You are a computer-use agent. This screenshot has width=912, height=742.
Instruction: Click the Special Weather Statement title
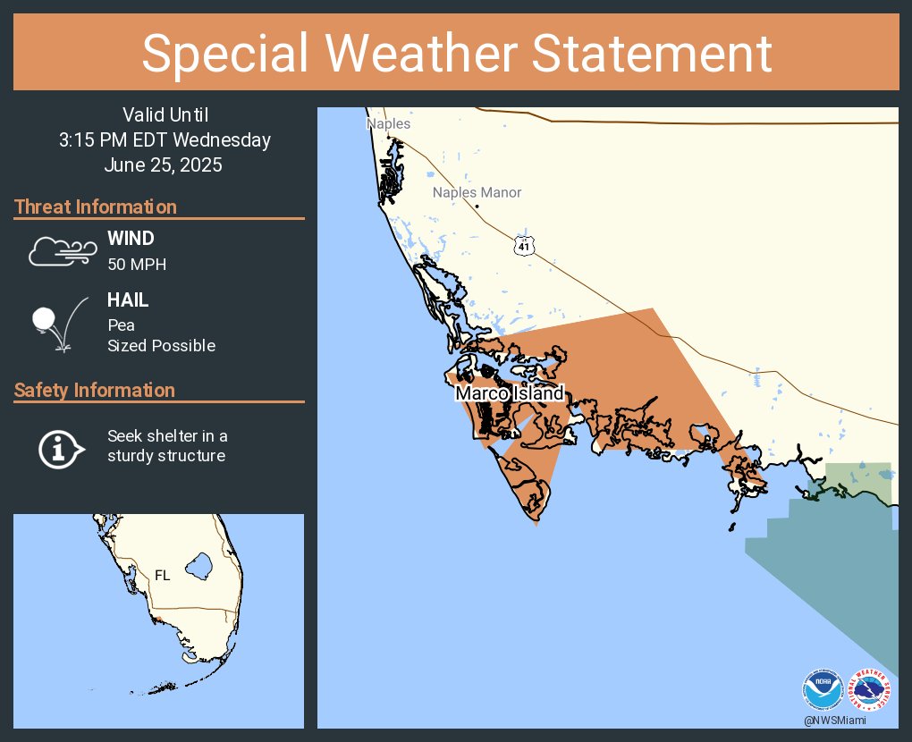click(x=456, y=53)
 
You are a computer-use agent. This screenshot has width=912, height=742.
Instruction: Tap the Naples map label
click(x=388, y=123)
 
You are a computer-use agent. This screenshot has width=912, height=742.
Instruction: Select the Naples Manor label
click(x=477, y=192)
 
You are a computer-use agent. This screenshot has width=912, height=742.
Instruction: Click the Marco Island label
click(x=510, y=393)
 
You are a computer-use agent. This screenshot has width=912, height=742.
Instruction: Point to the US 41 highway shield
click(x=524, y=244)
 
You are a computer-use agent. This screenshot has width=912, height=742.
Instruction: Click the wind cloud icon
click(x=61, y=252)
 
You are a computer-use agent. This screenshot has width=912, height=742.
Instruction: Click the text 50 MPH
click(x=137, y=265)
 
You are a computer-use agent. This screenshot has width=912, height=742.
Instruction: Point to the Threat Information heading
click(x=96, y=207)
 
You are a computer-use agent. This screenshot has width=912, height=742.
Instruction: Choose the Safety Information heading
click(x=95, y=391)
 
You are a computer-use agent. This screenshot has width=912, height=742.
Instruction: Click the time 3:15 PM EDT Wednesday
click(x=165, y=140)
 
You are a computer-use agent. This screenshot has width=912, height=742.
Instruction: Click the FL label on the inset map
click(x=162, y=576)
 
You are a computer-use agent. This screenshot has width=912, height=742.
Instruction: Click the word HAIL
click(x=128, y=301)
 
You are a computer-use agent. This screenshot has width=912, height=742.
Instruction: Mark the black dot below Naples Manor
click(x=477, y=207)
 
